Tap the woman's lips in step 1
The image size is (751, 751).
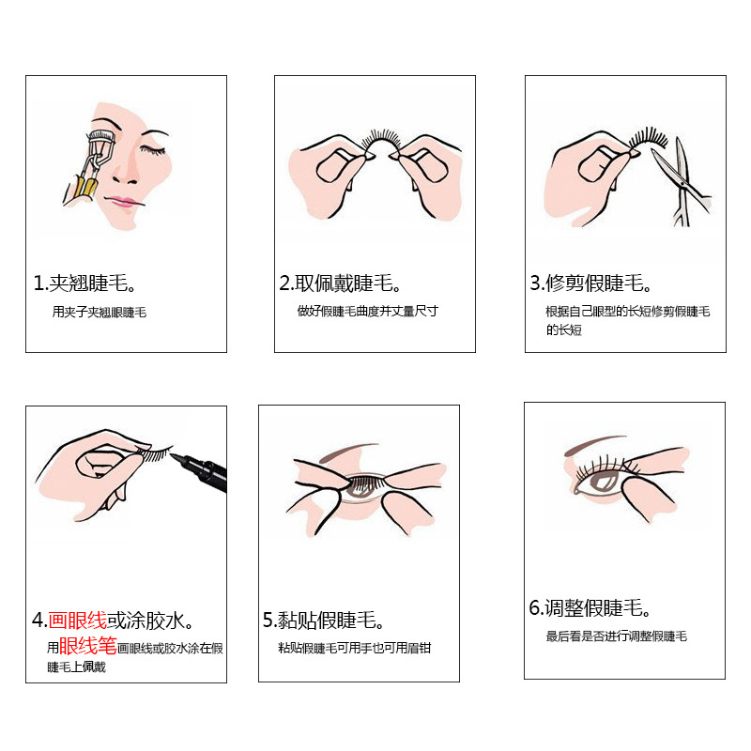[119, 201]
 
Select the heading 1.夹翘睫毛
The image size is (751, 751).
[84, 284]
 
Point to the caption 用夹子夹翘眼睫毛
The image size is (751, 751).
[100, 313]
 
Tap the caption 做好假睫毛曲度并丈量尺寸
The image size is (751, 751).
[368, 312]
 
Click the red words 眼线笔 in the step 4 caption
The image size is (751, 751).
[88, 647]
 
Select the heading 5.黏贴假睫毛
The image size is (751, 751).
[324, 621]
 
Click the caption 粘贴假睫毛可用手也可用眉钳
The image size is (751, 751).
[355, 649]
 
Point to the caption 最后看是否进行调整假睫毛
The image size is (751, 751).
[617, 636]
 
